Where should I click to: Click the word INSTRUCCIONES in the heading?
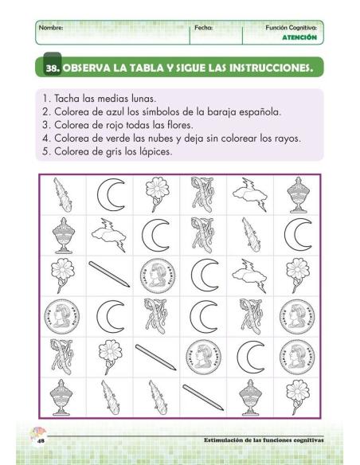[x=267, y=68]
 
